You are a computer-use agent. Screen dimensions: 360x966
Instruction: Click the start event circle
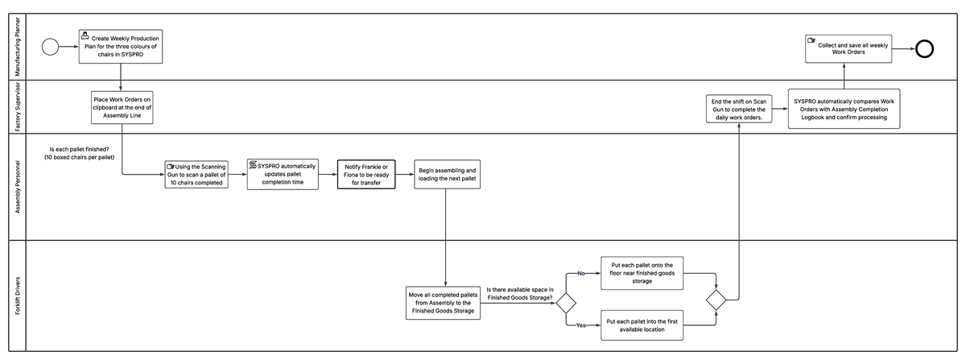(50, 48)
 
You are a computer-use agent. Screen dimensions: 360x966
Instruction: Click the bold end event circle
(924, 48)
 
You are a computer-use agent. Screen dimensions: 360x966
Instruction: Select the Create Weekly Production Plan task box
(121, 47)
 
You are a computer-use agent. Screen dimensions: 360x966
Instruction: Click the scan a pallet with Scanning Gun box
(196, 173)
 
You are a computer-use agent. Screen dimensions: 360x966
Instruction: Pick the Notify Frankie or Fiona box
(367, 173)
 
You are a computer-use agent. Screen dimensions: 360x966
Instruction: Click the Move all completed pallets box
(445, 303)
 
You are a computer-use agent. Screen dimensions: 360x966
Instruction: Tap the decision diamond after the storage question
(567, 303)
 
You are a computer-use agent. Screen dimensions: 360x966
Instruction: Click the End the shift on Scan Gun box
(738, 109)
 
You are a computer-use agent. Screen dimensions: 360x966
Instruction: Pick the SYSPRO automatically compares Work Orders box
(844, 109)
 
